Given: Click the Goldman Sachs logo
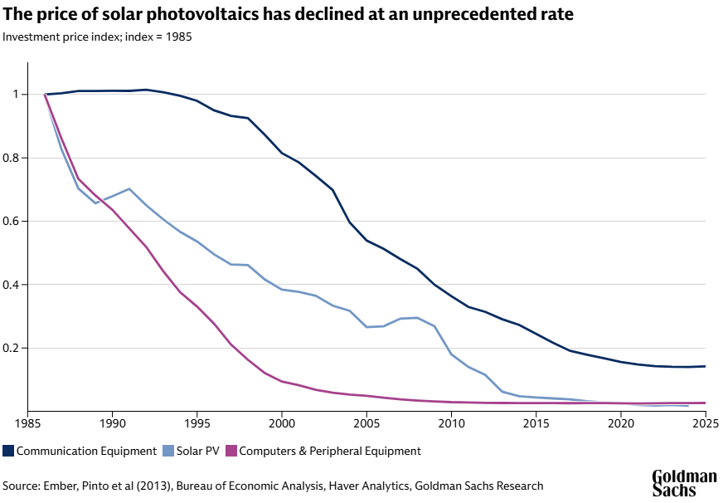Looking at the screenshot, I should pyautogui.click(x=684, y=483).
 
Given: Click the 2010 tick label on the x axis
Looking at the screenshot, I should pyautogui.click(x=451, y=422).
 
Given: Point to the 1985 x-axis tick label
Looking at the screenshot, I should pyautogui.click(x=28, y=422).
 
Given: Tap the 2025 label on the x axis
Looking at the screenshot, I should pyautogui.click(x=705, y=422).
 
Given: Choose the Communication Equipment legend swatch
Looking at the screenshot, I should pyautogui.click(x=8, y=451).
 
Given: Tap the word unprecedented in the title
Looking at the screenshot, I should pyautogui.click(x=478, y=15).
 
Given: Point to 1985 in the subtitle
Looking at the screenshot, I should pyautogui.click(x=178, y=37).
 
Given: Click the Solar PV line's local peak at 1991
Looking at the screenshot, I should pyautogui.click(x=129, y=188).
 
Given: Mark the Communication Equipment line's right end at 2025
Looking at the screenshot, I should pyautogui.click(x=705, y=366).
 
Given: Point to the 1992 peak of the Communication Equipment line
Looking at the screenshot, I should pyautogui.click(x=146, y=90).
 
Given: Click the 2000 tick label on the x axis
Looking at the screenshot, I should pyautogui.click(x=282, y=422).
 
